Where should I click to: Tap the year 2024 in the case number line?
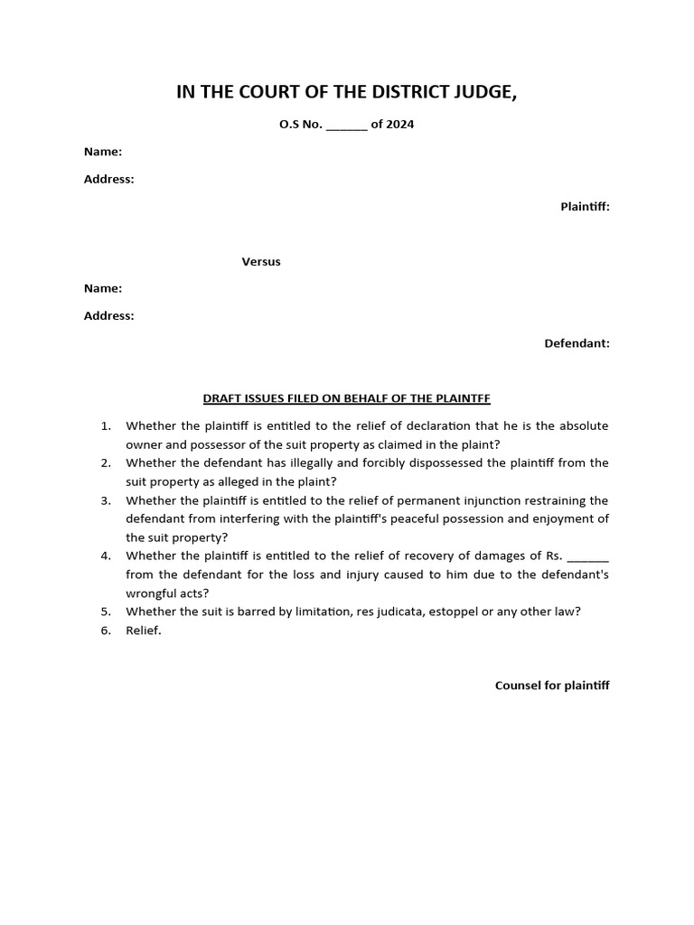click(399, 125)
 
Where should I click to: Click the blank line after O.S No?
click(346, 126)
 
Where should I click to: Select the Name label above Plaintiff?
click(103, 152)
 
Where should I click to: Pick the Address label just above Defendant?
click(108, 316)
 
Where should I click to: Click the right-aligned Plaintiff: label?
click(585, 207)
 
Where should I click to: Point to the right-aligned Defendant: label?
click(577, 343)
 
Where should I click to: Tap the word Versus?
click(261, 262)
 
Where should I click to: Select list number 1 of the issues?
click(106, 425)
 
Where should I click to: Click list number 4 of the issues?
click(106, 556)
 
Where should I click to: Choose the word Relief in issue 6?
click(143, 631)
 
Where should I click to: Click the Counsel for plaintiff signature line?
click(552, 686)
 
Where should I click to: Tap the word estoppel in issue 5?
click(456, 612)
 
